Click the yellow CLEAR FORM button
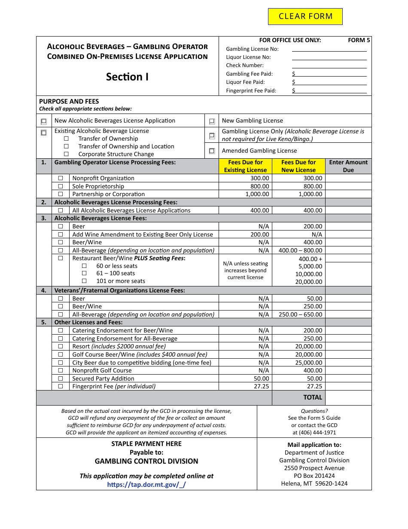click(305, 16)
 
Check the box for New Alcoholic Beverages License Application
click(44, 121)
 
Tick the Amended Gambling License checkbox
click(212, 151)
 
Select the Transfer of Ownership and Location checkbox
click(66, 146)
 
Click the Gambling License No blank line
click(329, 49)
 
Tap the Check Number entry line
click(329, 65)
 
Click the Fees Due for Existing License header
click(245, 166)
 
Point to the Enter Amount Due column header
click(348, 166)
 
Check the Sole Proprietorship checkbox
click(61, 186)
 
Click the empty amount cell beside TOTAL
click(348, 397)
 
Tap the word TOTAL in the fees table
click(312, 397)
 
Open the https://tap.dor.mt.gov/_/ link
click(146, 484)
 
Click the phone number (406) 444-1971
click(314, 432)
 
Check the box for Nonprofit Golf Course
click(61, 370)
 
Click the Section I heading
click(127, 77)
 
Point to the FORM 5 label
click(359, 40)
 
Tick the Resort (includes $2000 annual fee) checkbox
click(61, 346)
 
